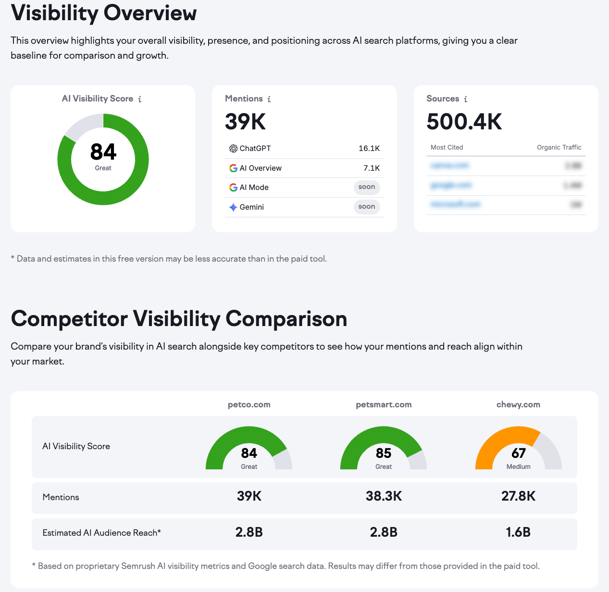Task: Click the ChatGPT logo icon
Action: point(233,149)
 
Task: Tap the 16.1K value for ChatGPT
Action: point(369,149)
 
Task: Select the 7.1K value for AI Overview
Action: point(371,168)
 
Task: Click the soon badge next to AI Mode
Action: point(367,187)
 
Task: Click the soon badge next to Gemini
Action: point(367,207)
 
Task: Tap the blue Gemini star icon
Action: point(233,207)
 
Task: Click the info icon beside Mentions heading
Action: point(269,99)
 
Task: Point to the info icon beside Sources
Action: point(465,99)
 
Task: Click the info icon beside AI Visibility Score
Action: point(140,99)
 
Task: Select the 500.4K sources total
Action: point(464,122)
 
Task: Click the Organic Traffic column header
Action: point(559,148)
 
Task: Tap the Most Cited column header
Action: point(447,148)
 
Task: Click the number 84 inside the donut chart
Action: point(103,152)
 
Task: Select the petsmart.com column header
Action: point(384,404)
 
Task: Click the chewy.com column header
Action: point(518,404)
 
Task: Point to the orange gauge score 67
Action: point(518,453)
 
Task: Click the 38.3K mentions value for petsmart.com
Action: point(384,496)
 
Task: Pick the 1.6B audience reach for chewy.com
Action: point(518,532)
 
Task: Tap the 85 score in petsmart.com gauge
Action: point(384,453)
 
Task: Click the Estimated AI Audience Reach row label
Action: point(101,533)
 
